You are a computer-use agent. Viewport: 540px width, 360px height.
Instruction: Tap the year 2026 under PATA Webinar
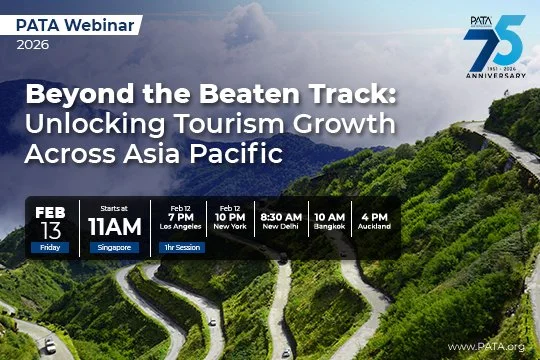[x=33, y=44]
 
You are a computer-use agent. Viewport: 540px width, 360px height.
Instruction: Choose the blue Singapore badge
[x=111, y=245]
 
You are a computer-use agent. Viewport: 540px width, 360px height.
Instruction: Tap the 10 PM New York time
[x=229, y=216]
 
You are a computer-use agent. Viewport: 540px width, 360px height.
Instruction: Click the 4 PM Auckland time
[x=375, y=216]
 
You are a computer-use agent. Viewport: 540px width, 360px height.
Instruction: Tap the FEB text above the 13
[x=50, y=212]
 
